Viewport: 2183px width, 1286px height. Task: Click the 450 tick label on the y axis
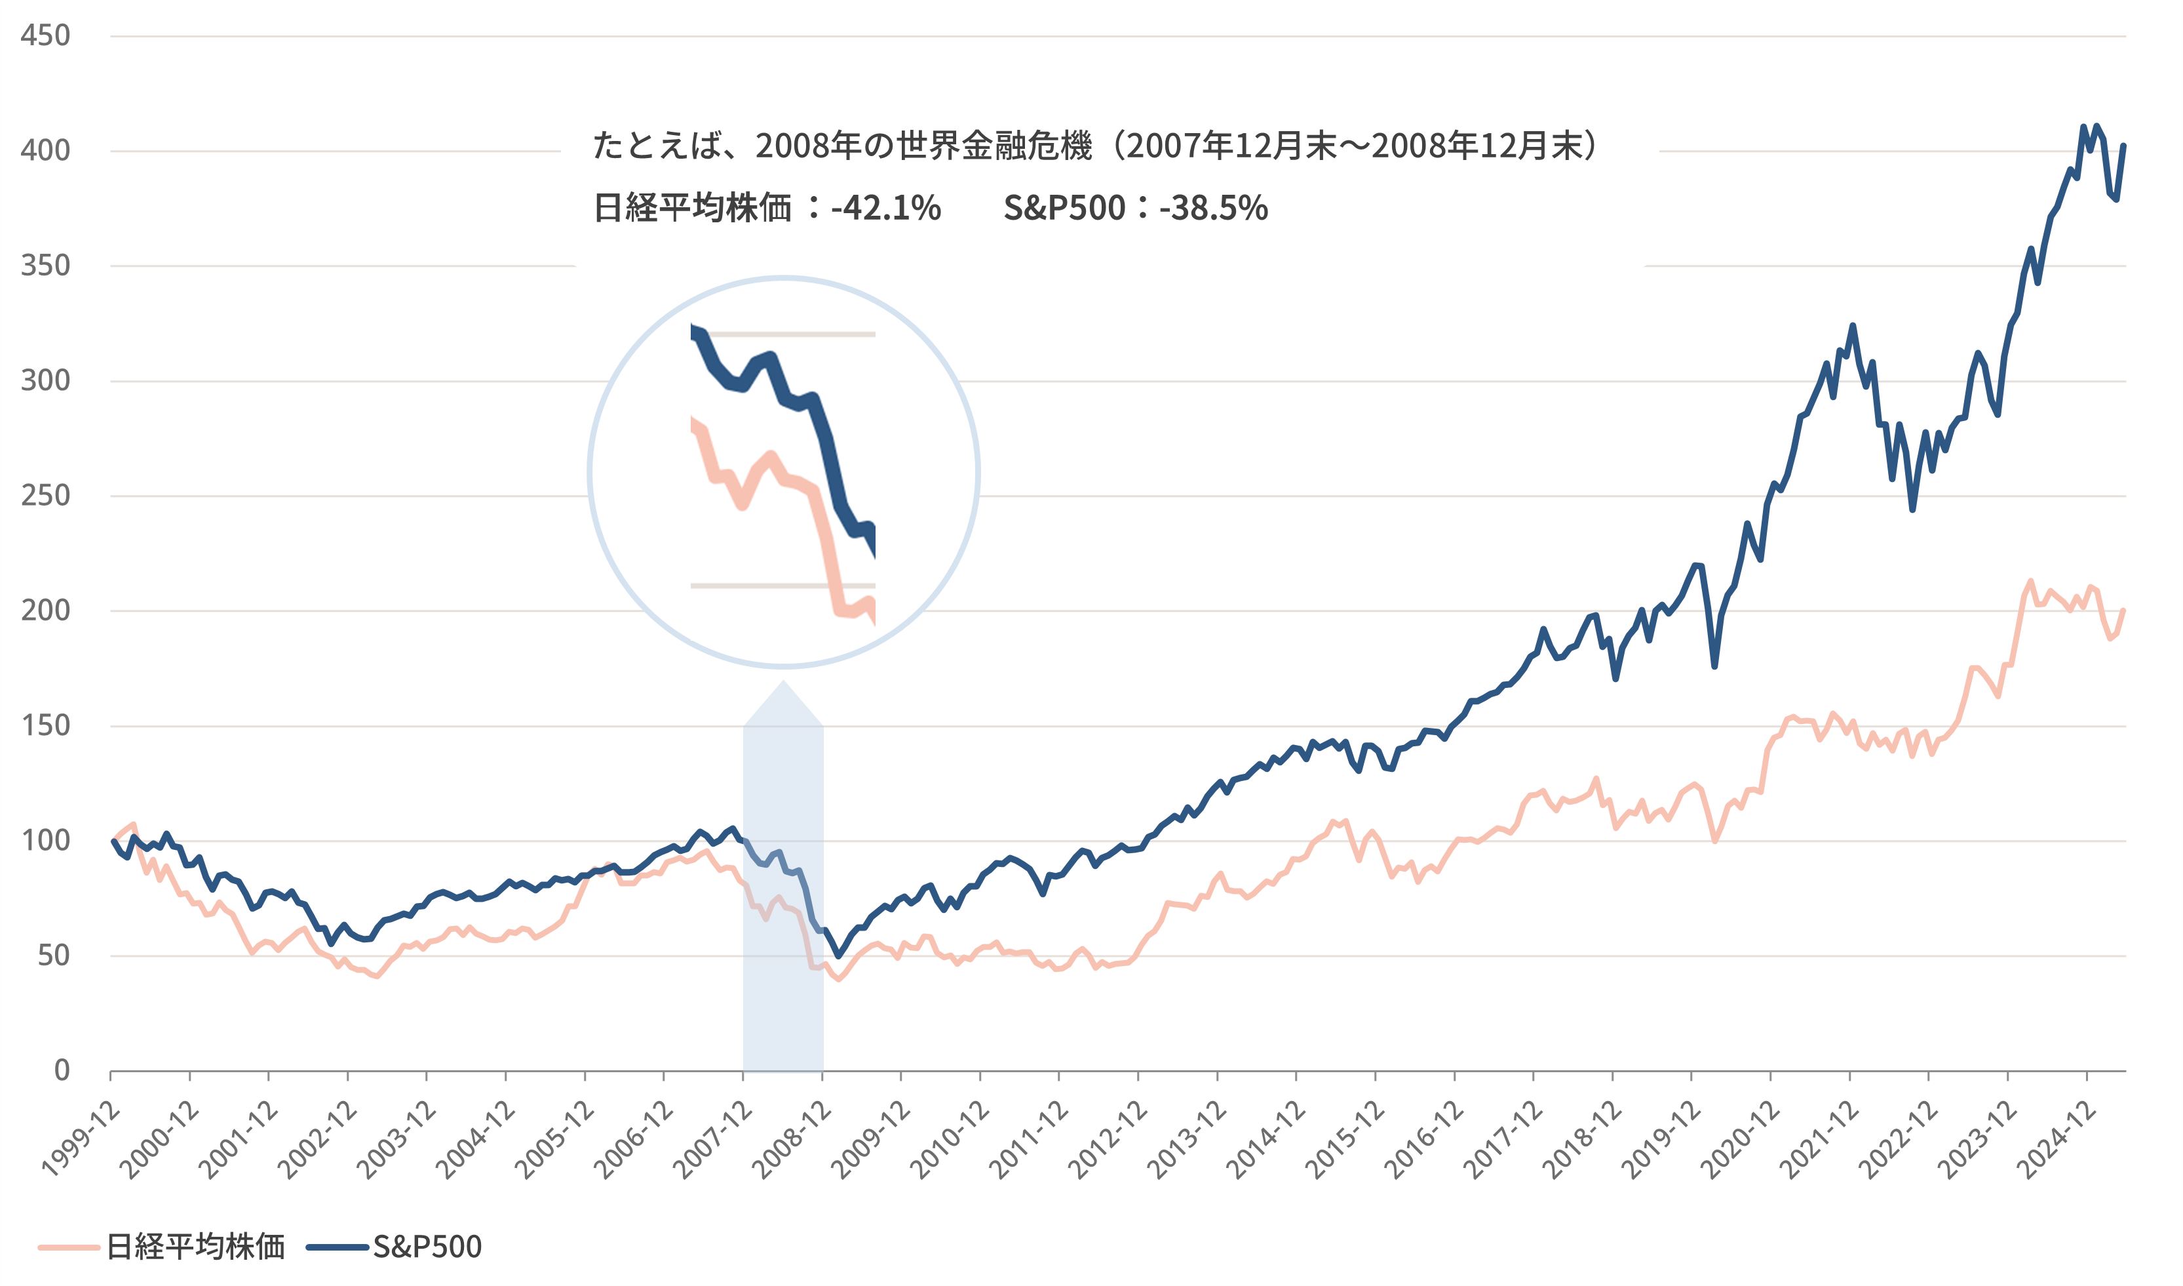(45, 35)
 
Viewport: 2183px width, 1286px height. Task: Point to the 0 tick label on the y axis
(62, 1070)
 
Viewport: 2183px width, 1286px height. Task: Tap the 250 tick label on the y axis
(45, 496)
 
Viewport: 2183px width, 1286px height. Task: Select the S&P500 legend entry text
(427, 1247)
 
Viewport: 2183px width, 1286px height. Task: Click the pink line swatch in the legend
(69, 1248)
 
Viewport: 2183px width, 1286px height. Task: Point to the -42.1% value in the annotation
(885, 208)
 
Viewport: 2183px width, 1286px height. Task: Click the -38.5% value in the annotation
(1214, 208)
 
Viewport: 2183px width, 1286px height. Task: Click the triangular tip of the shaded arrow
(784, 685)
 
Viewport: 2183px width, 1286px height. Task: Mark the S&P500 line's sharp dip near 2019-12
(1714, 666)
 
